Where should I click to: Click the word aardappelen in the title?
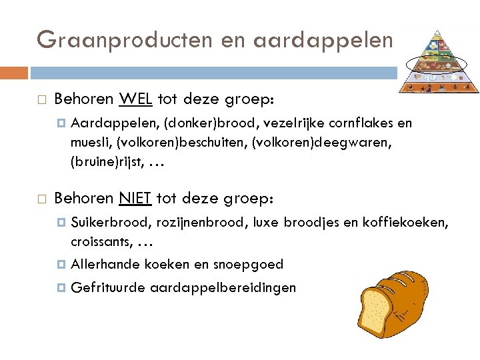[323, 40]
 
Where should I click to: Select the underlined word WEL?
[136, 100]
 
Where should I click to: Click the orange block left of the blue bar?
[14, 73]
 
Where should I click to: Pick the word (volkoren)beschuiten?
[181, 142]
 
